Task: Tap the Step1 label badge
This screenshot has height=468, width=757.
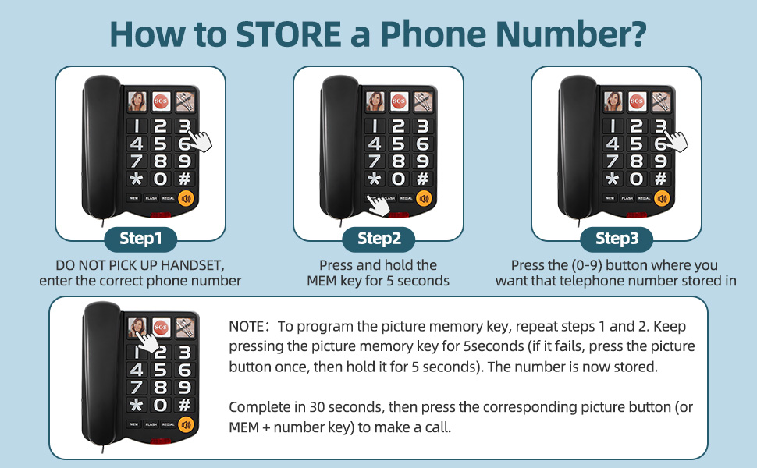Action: coord(141,238)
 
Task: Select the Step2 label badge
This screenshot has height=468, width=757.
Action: coord(378,238)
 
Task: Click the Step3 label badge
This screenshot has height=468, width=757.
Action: coord(617,238)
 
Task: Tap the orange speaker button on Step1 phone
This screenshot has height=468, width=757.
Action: coord(186,198)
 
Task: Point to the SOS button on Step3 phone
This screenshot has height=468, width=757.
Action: coord(637,101)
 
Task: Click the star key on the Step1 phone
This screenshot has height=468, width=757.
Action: coord(137,179)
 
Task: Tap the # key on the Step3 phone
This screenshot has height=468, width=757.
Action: coord(660,179)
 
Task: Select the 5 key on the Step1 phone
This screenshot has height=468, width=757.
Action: coord(161,144)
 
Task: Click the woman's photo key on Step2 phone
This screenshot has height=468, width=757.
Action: coord(375,101)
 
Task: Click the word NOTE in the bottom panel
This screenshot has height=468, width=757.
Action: coord(245,326)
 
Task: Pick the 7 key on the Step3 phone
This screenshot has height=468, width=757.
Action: coord(613,161)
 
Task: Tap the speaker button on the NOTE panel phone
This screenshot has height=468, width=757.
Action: coord(185,425)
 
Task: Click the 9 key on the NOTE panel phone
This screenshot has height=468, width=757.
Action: coord(185,388)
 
